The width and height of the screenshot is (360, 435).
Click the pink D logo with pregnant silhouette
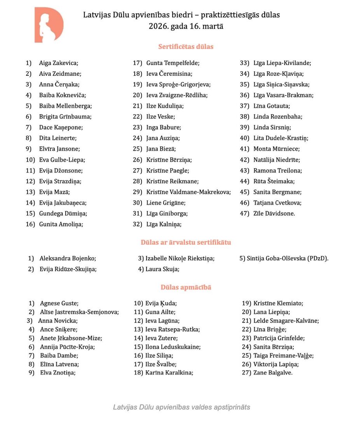pos(49,25)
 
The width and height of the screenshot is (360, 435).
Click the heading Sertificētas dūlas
pos(185,47)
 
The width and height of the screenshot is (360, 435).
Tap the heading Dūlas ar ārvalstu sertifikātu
pos(185,242)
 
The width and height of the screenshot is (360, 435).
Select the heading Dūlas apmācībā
pos(185,287)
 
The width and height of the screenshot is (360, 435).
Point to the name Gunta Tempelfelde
pos(173,63)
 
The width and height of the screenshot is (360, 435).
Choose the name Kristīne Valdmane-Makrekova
pos(189,192)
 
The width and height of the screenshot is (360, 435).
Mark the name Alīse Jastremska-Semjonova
pos(79,312)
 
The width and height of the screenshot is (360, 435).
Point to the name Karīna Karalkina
pos(170,372)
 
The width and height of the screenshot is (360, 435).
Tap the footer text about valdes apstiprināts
pos(182,407)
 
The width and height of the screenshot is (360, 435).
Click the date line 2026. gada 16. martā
pos(185,26)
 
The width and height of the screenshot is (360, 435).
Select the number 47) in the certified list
pos(245,213)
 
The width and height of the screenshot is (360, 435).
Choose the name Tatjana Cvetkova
pos(277,203)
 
